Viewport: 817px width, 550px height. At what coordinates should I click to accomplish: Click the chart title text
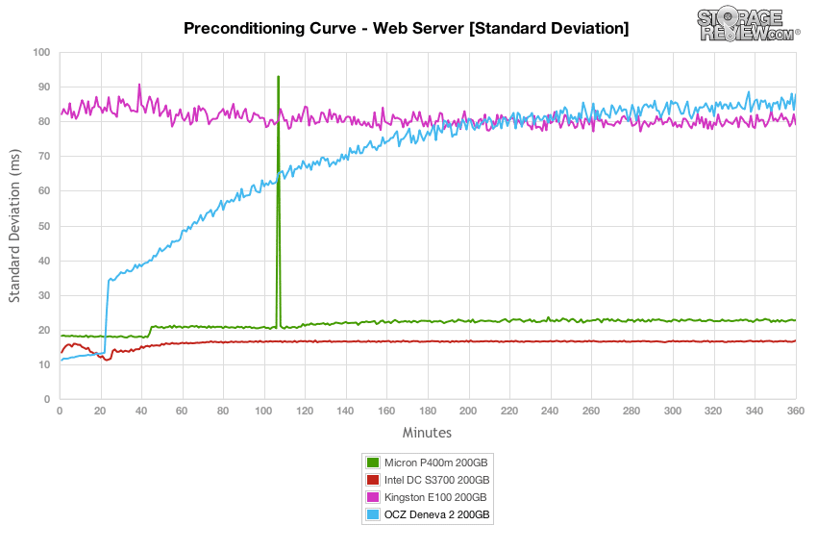[406, 28]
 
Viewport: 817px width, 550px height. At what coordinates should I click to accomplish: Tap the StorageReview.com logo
[748, 23]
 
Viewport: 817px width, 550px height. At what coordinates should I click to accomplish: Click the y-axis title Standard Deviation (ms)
[14, 226]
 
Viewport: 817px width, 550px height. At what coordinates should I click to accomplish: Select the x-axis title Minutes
[427, 432]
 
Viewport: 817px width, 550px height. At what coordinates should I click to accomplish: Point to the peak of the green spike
[278, 77]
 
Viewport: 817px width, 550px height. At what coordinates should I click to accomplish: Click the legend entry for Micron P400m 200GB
[428, 462]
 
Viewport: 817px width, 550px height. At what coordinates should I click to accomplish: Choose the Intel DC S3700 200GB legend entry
[428, 480]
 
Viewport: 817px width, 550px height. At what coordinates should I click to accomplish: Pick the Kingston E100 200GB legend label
[435, 497]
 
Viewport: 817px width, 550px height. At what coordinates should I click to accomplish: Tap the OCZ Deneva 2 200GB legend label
[436, 514]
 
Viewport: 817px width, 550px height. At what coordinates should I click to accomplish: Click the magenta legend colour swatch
[373, 497]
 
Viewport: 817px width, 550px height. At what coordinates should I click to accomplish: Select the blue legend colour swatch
[373, 514]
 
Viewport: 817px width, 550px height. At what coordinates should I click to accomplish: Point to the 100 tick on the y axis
[41, 52]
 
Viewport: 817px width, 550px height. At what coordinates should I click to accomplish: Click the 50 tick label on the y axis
[44, 226]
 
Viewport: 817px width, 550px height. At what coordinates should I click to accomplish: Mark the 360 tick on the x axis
[795, 411]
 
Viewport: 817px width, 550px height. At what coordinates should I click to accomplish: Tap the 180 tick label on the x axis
[428, 411]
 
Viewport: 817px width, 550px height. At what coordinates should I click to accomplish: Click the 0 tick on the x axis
[60, 411]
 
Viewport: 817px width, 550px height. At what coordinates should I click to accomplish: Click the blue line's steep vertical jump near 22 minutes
[107, 316]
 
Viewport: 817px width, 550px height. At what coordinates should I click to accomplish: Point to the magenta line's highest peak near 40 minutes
[139, 85]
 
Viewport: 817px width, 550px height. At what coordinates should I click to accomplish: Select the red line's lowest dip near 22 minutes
[107, 360]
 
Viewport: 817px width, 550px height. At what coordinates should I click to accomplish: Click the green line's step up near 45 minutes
[150, 332]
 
